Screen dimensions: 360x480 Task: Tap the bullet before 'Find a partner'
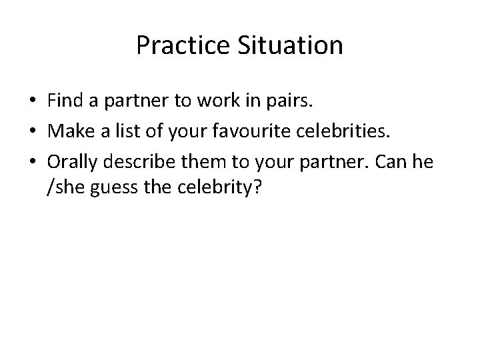coord(32,101)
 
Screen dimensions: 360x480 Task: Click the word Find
coord(63,101)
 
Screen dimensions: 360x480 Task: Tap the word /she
coord(65,189)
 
